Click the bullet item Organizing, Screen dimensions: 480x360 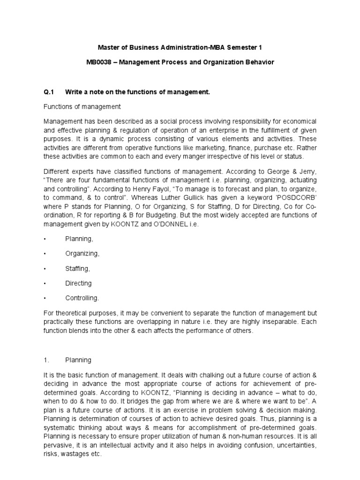(82, 253)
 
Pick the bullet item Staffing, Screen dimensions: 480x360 (77, 268)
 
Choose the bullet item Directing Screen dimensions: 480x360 (78, 283)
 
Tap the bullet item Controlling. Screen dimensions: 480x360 (82, 298)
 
